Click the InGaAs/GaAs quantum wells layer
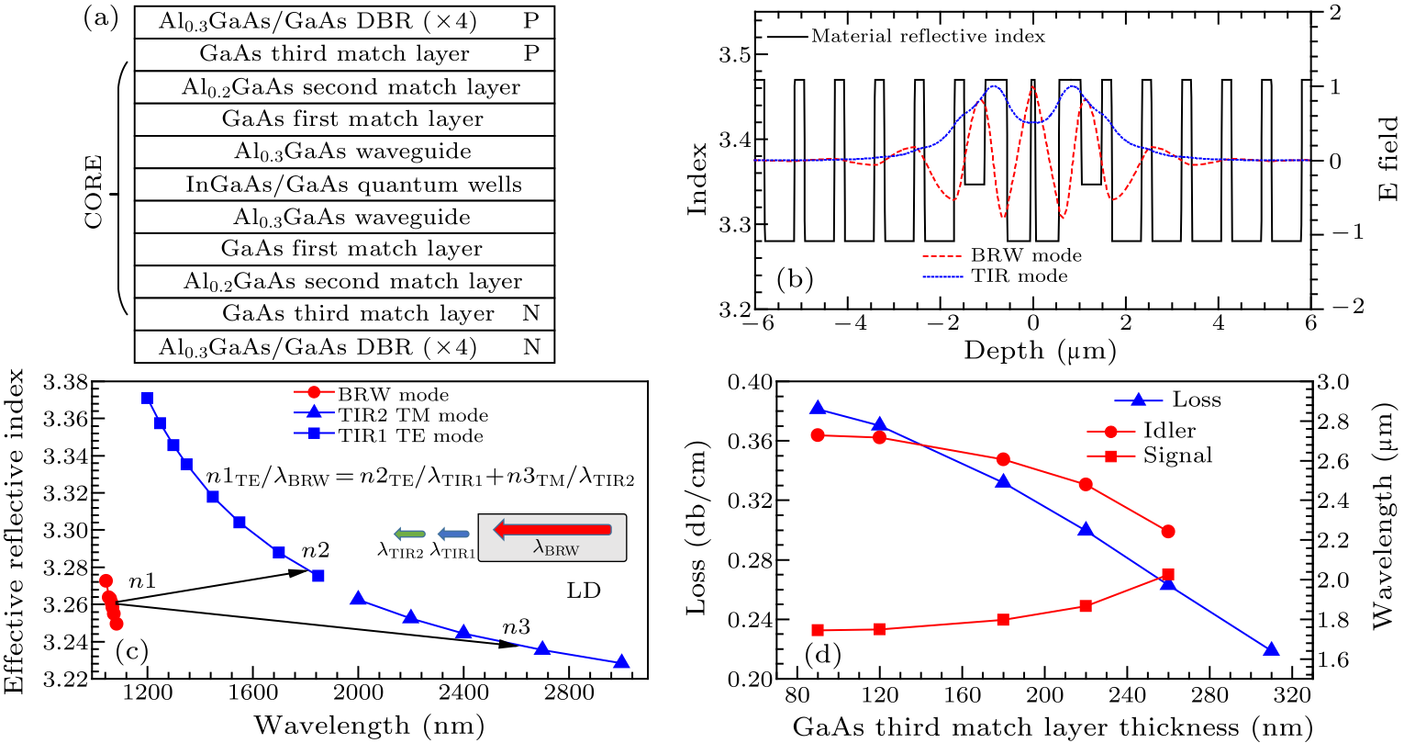point(353,185)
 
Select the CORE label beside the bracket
point(94,193)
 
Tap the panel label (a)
point(101,17)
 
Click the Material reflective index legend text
point(927,37)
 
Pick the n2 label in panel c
point(315,551)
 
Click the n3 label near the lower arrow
point(516,628)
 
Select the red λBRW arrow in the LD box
point(552,529)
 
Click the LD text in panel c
point(584,591)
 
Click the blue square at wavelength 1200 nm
point(147,399)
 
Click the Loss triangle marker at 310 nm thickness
point(1272,650)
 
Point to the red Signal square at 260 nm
point(1168,575)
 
